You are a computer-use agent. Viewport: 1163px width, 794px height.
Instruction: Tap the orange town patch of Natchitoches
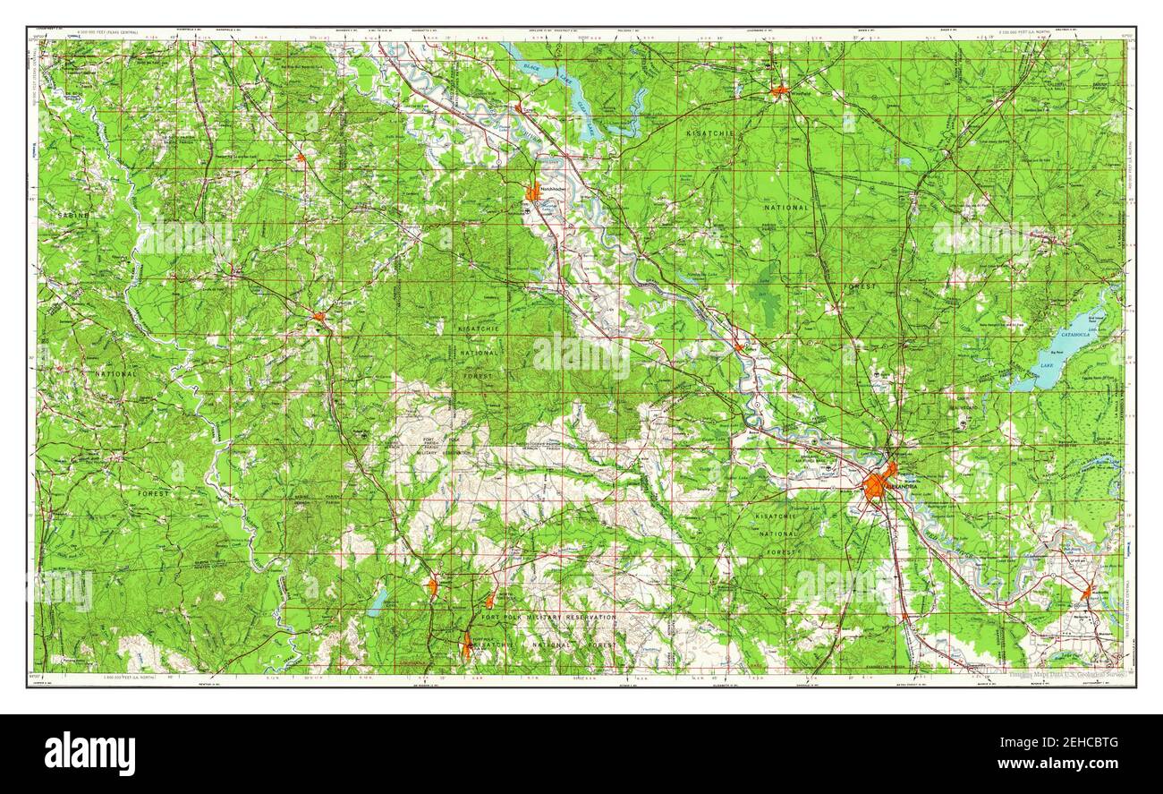pos(533,192)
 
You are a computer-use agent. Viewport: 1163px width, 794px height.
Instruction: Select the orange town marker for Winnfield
pos(780,90)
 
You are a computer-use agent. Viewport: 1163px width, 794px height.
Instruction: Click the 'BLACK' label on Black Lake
pos(535,68)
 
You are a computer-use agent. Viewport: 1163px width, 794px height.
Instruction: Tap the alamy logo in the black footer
pos(89,753)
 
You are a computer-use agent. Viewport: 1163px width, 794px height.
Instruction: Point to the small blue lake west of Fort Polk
pos(378,602)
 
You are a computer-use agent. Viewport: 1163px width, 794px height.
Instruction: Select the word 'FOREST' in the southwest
pos(153,493)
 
